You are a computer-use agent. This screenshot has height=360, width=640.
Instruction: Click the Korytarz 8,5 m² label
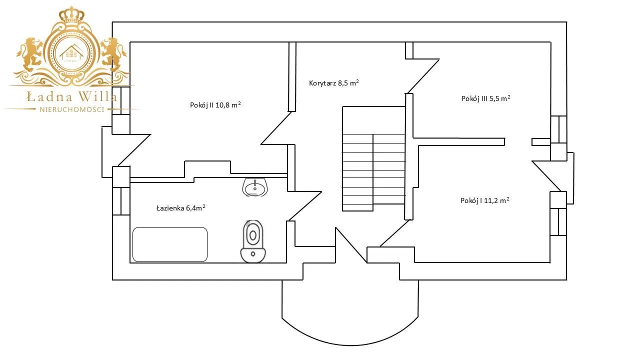(x=333, y=83)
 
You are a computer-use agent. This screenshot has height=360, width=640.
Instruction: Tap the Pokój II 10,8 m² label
(x=215, y=105)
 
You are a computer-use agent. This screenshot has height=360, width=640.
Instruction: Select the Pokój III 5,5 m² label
(x=485, y=98)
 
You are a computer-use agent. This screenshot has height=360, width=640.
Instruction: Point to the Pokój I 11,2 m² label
(x=484, y=200)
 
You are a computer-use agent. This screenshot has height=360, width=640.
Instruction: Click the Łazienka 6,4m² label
(x=180, y=207)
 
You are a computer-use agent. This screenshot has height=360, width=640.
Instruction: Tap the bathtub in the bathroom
(x=170, y=244)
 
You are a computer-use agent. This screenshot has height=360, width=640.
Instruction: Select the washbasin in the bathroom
(x=255, y=187)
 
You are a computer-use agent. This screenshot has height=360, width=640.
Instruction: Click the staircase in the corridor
(x=373, y=158)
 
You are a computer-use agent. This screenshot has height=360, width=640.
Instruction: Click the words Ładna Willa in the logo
(x=71, y=96)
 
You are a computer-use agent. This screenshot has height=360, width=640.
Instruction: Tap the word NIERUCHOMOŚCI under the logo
(x=71, y=109)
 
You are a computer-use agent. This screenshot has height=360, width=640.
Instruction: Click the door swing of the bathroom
(x=305, y=205)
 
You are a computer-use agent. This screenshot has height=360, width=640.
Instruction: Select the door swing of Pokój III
(x=422, y=75)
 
